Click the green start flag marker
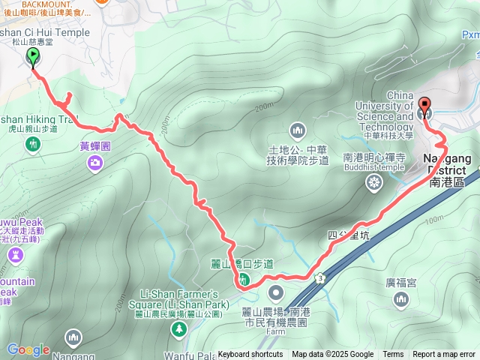tap(34, 58)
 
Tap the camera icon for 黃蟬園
tap(95, 162)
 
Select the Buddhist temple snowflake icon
tap(373, 182)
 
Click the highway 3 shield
tap(320, 278)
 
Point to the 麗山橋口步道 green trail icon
tap(244, 280)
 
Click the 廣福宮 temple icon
tap(401, 300)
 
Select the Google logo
tap(28, 349)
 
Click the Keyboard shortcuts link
tap(250, 355)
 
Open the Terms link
tap(393, 355)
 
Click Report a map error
tap(444, 355)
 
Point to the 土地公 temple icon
tap(298, 130)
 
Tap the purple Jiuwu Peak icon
tap(15, 256)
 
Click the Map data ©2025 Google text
tap(332, 355)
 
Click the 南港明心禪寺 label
tap(374, 158)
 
